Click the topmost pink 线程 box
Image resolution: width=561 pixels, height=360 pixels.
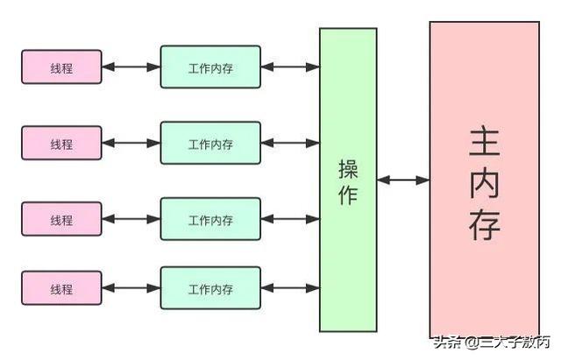pos(61,67)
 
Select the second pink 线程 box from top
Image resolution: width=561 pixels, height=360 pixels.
pos(61,143)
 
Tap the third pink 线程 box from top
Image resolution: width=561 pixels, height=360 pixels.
pos(61,218)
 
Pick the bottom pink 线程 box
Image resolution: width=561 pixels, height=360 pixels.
pos(61,287)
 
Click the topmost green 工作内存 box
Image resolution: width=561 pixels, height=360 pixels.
pos(210,67)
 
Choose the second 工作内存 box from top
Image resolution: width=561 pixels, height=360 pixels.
pos(210,143)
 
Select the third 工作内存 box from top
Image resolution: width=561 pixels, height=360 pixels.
pos(210,219)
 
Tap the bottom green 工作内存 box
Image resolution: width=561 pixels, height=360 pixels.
pos(210,287)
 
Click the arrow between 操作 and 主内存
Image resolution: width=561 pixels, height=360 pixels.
pos(403,180)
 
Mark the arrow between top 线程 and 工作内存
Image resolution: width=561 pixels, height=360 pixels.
pos(131,67)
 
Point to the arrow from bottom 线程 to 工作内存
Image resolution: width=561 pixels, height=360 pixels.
pos(131,287)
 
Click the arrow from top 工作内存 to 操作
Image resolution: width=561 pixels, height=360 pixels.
pos(290,67)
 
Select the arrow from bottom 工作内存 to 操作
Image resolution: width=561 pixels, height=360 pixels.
pos(290,287)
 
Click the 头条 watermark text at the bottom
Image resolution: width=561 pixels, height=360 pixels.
pos(446,342)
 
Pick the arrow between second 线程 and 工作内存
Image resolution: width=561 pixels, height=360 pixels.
pos(131,143)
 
